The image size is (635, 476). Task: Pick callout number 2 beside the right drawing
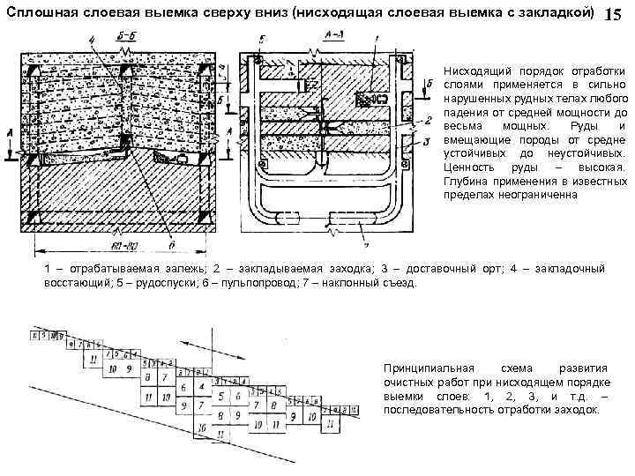(x=428, y=121)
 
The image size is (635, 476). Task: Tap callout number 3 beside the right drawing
(x=428, y=141)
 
